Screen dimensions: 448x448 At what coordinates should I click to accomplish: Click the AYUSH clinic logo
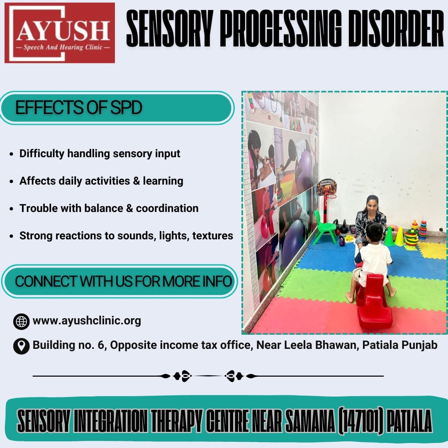(60, 33)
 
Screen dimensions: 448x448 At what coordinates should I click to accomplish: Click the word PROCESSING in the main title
(280, 28)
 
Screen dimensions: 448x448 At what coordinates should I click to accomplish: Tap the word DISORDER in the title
(396, 28)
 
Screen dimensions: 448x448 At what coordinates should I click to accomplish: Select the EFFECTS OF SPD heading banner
(117, 108)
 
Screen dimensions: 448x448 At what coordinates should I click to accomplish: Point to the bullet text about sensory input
(100, 154)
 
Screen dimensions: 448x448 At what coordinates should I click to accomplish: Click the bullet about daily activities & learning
(101, 181)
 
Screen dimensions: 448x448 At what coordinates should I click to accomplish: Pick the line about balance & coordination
(109, 208)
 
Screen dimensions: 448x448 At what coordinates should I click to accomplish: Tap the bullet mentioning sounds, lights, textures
(126, 236)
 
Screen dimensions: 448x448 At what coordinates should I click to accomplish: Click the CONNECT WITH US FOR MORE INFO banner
(120, 281)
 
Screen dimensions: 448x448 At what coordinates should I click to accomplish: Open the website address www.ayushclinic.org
(87, 321)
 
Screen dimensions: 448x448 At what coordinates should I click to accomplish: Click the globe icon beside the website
(22, 322)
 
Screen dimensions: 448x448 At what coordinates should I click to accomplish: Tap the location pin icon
(22, 346)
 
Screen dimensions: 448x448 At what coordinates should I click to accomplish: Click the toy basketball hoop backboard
(327, 187)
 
